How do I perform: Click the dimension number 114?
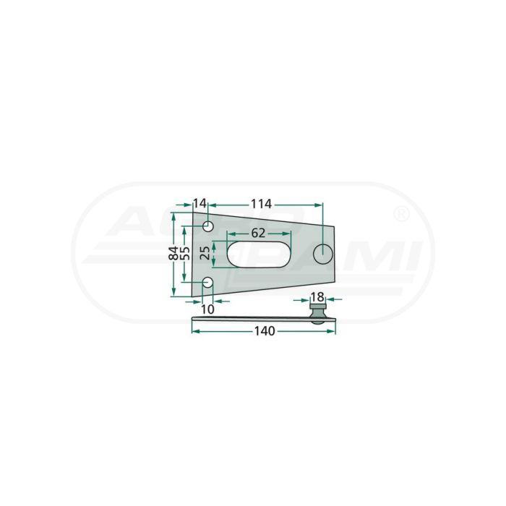tap(262, 204)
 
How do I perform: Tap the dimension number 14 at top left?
tap(200, 204)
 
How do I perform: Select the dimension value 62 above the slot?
tap(258, 233)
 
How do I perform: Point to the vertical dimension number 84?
tap(174, 253)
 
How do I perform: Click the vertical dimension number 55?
tap(184, 253)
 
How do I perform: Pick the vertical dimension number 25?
tap(205, 253)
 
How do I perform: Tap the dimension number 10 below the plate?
tap(207, 309)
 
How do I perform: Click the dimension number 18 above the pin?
tap(318, 297)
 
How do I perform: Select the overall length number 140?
tap(265, 331)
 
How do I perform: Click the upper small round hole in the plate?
tap(208, 226)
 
